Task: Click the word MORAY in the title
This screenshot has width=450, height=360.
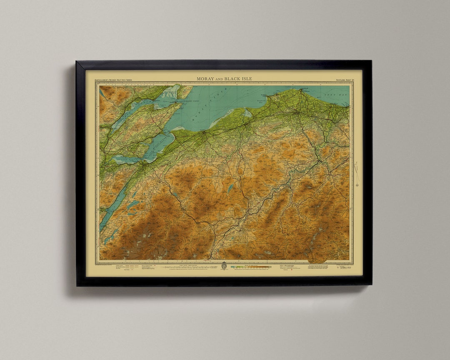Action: pyautogui.click(x=205, y=79)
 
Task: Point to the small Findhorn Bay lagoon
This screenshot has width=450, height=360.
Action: pyautogui.click(x=248, y=113)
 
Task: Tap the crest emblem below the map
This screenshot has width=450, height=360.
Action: pyautogui.click(x=224, y=266)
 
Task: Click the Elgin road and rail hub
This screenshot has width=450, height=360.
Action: pyautogui.click(x=297, y=112)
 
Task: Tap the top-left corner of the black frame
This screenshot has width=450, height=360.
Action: pyautogui.click(x=77, y=62)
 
